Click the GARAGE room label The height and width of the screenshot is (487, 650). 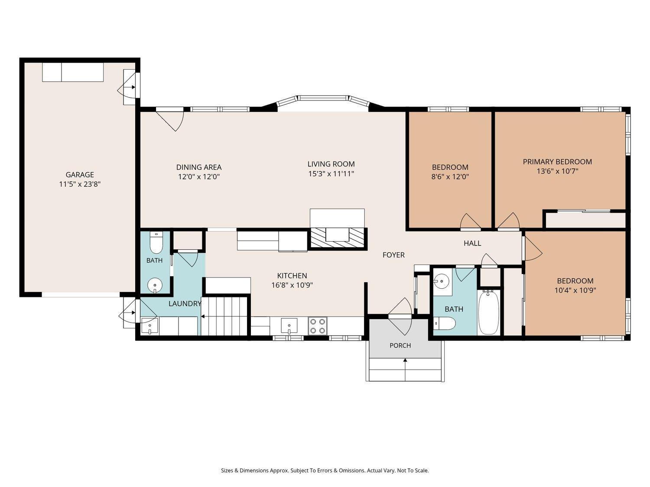(x=80, y=175)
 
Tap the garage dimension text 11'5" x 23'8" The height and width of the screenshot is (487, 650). (x=80, y=184)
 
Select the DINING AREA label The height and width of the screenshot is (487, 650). (x=199, y=168)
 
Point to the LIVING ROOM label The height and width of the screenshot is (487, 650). (x=331, y=164)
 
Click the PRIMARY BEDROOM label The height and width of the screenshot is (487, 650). (x=557, y=162)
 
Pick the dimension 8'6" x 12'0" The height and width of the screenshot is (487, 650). (x=450, y=177)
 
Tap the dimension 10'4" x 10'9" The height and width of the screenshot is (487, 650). (x=575, y=290)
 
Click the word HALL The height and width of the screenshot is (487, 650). (x=472, y=243)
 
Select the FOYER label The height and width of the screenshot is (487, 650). (x=393, y=255)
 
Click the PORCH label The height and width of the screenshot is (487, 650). (x=400, y=345)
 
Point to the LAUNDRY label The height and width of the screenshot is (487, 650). (x=185, y=304)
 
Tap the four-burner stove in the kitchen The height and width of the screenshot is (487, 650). (x=318, y=326)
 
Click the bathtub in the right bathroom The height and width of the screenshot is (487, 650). (x=489, y=313)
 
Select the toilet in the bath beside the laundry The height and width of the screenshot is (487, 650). (x=156, y=243)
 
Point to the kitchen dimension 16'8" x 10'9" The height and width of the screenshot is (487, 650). (x=292, y=285)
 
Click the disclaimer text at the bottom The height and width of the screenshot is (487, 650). (x=325, y=471)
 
